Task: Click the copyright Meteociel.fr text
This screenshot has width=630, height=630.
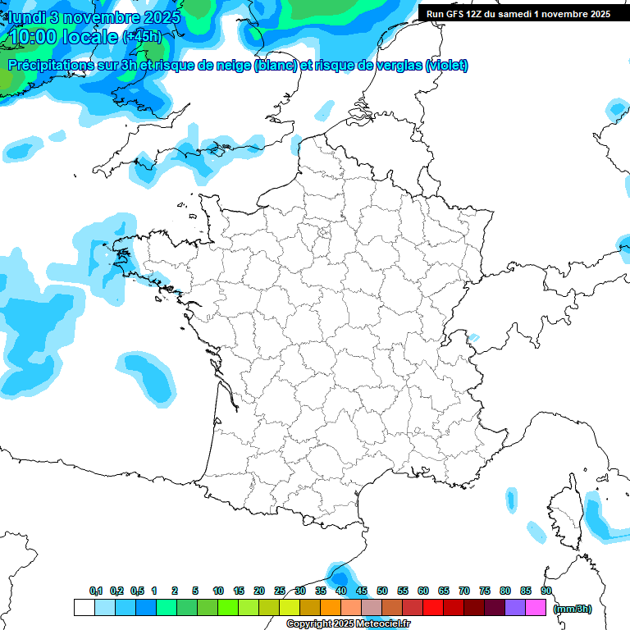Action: pos(348,624)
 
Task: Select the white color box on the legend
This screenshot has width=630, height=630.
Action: pos(84,608)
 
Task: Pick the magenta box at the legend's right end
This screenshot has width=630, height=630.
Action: pos(536,608)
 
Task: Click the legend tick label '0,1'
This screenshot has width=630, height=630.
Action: pos(96,591)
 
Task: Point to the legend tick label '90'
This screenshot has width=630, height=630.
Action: pos(546,591)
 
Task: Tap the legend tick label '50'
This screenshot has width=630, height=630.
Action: pos(382,591)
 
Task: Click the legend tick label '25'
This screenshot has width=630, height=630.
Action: pos(280,591)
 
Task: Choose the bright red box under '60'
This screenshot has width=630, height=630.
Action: pos(433,608)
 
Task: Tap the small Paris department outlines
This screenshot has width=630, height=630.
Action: pos(324,233)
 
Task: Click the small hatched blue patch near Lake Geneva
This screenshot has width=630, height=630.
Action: pos(473,337)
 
